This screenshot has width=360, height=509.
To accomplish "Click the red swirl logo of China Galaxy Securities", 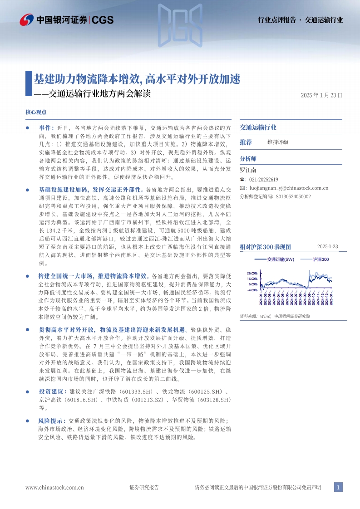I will point(27,20).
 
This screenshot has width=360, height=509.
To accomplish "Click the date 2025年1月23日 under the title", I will point(321,95).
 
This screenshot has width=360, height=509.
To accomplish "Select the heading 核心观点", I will point(37,112).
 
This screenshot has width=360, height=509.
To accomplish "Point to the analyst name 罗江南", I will point(248,170).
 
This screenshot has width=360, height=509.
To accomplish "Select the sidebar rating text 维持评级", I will point(278,142).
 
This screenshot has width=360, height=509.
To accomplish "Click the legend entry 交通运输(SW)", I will point(281,259).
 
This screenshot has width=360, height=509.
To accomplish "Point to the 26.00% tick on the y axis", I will point(252,273).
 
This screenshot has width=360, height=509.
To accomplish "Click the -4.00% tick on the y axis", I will point(252,289).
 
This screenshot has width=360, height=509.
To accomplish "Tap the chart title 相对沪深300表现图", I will point(265,247).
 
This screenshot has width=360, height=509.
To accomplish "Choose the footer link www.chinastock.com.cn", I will point(54,487).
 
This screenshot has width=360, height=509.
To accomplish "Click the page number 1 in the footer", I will point(338,487).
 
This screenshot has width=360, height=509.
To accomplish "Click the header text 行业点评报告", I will point(276,20).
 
